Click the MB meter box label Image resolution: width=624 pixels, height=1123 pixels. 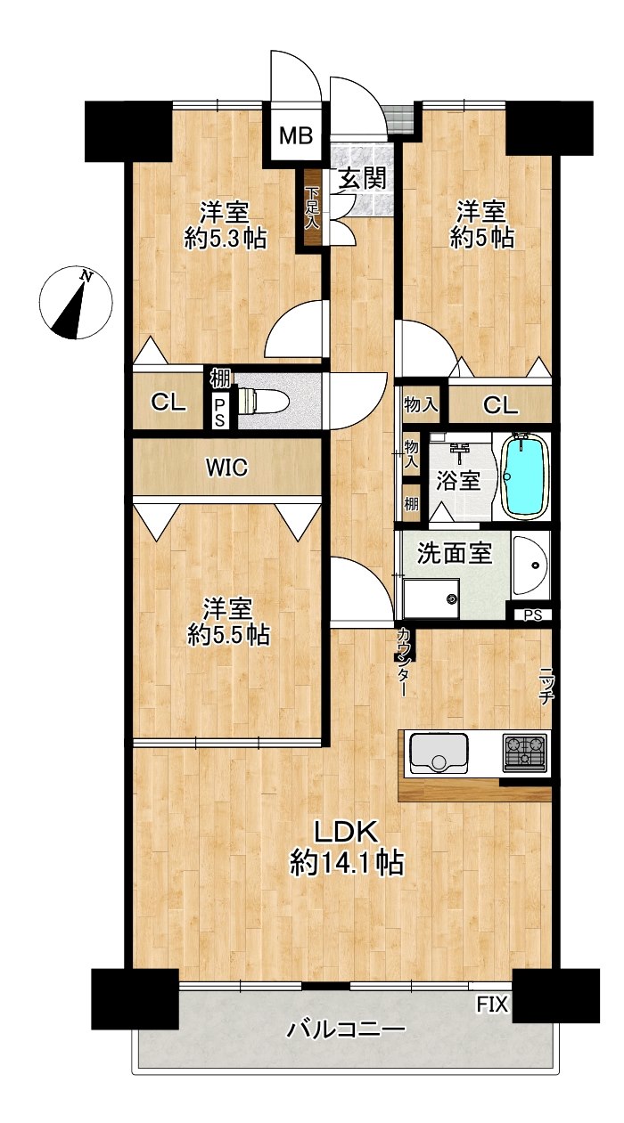pos(296,135)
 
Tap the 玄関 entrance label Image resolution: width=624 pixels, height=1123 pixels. pos(363,178)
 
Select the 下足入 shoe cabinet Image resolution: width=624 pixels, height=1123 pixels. pos(312,208)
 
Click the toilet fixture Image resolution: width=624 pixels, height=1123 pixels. pos(263,401)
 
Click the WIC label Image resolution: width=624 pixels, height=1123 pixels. pos(227,468)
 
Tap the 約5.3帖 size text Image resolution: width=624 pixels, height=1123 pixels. pos(225,239)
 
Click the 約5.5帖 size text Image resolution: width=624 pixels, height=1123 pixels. pos(228,635)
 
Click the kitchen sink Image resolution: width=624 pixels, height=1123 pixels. pos(439,753)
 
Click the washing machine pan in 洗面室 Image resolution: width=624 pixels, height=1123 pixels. pos(431,598)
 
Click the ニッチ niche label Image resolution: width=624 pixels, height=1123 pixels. pos(546,686)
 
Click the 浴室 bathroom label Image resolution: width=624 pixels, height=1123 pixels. pos(458,481)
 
